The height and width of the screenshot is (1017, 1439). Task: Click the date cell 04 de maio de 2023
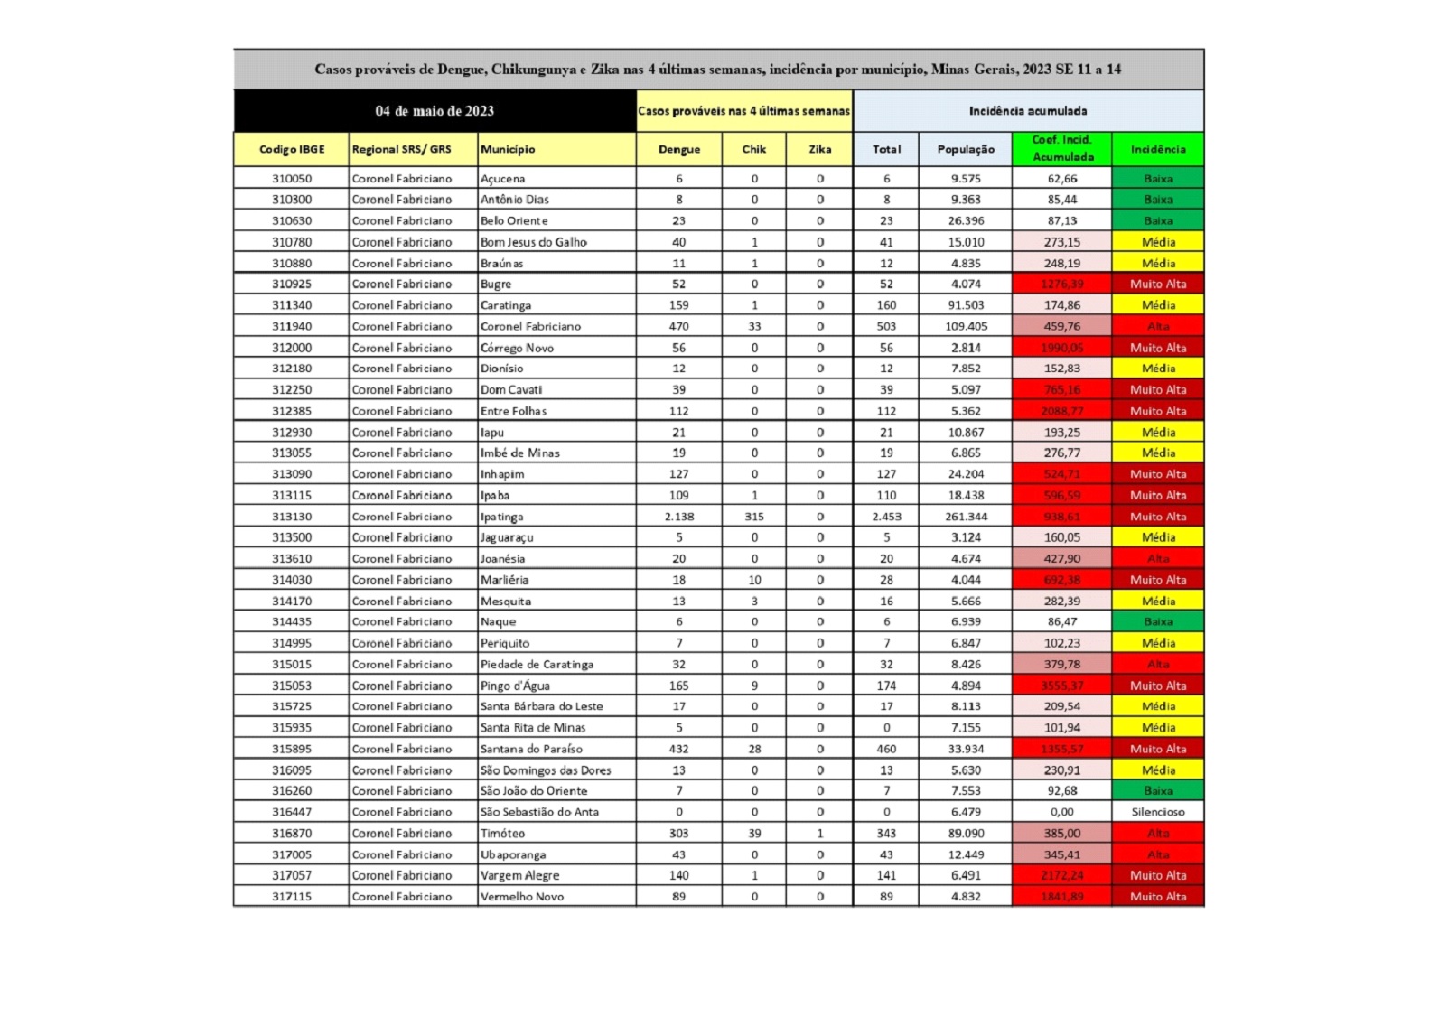pyautogui.click(x=435, y=111)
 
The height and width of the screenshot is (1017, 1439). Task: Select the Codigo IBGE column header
pyautogui.click(x=292, y=149)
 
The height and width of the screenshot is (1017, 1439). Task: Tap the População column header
pyautogui.click(x=965, y=149)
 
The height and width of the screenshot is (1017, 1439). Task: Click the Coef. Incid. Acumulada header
pyautogui.click(x=1061, y=148)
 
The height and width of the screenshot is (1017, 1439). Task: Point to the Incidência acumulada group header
pyautogui.click(x=1027, y=111)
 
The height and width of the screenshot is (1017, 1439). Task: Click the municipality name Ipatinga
pyautogui.click(x=502, y=517)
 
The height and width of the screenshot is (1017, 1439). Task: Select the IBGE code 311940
pyautogui.click(x=292, y=326)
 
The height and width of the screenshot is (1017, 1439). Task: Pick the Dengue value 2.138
pyautogui.click(x=679, y=517)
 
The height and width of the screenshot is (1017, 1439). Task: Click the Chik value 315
pyautogui.click(x=754, y=517)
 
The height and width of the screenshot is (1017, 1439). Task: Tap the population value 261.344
pyautogui.click(x=966, y=517)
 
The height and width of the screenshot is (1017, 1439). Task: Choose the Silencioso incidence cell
pyautogui.click(x=1157, y=812)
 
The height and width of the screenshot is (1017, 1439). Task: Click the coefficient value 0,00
pyautogui.click(x=1061, y=812)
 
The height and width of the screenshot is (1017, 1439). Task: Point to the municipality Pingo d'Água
pyautogui.click(x=515, y=686)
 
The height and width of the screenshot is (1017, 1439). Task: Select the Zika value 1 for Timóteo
pyautogui.click(x=819, y=833)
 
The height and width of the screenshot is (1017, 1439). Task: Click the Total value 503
pyautogui.click(x=886, y=326)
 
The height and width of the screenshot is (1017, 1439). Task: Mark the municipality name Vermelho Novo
pyautogui.click(x=522, y=897)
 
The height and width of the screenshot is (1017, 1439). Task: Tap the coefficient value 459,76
pyautogui.click(x=1061, y=326)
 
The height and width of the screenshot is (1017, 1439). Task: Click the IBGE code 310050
pyautogui.click(x=292, y=179)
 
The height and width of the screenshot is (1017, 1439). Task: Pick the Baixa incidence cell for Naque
pyautogui.click(x=1157, y=621)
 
